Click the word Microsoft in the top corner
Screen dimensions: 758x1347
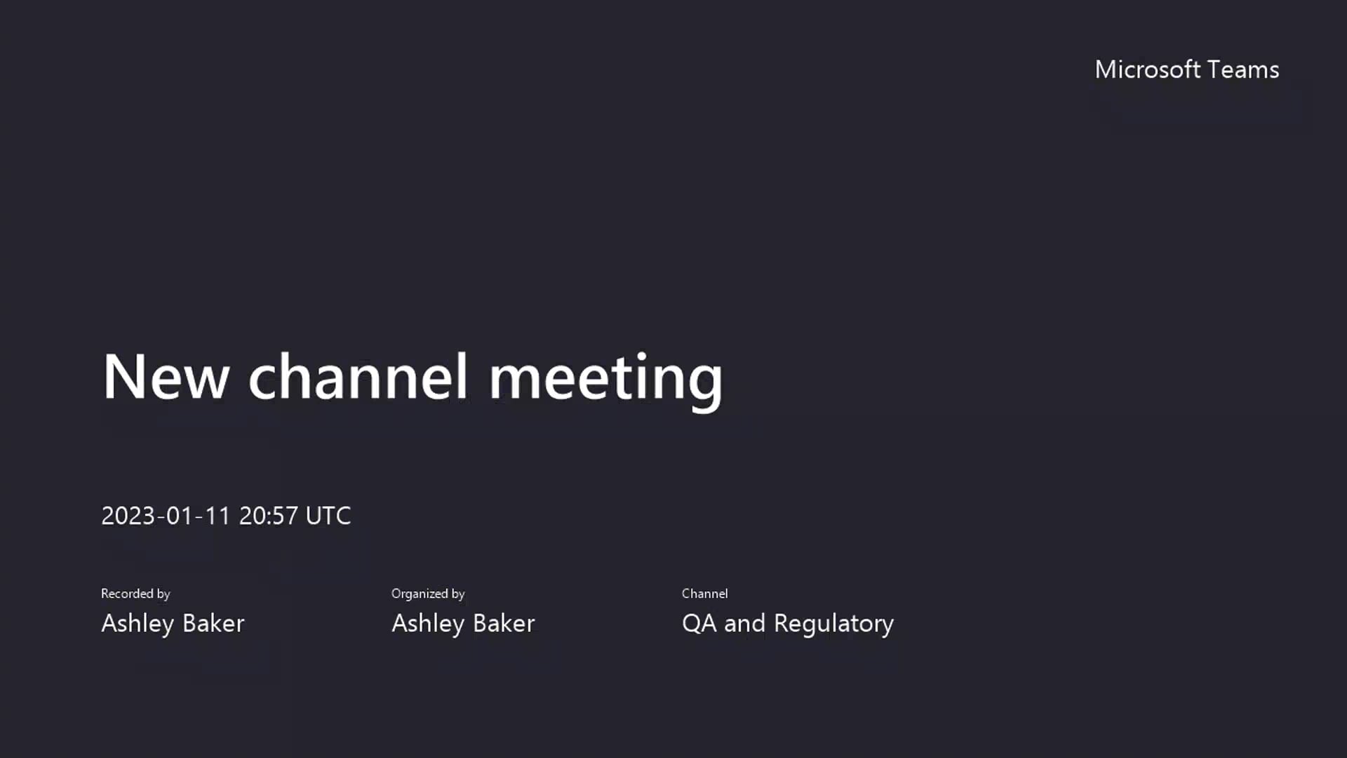tap(1147, 69)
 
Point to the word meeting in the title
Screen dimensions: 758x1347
tap(605, 379)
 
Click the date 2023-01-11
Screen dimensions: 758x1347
tap(166, 516)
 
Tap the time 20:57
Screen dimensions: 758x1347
tap(268, 516)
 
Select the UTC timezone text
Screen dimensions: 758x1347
tap(328, 516)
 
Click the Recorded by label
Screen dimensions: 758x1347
tap(135, 594)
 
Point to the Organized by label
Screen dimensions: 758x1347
tap(428, 594)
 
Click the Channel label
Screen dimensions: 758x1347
tap(704, 594)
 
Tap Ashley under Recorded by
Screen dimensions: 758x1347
tap(138, 623)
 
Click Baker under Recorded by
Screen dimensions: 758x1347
tap(213, 623)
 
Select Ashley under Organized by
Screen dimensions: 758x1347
tap(428, 623)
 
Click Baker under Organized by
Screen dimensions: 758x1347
tap(504, 623)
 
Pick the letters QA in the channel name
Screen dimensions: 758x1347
tap(699, 623)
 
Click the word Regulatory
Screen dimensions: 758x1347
tap(833, 623)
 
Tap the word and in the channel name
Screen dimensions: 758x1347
tap(744, 623)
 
